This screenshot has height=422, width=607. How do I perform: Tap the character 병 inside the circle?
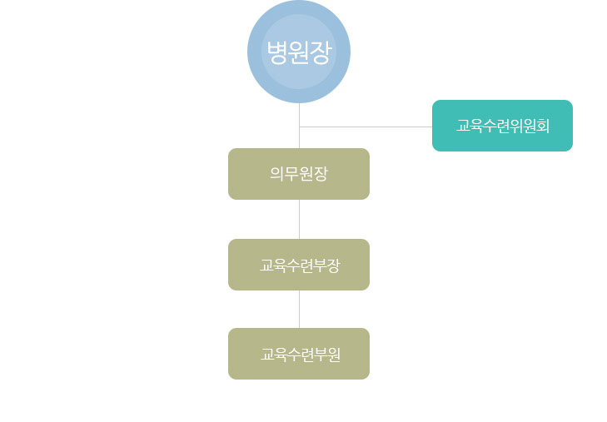coord(277,52)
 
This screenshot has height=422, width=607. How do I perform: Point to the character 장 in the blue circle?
coord(321,52)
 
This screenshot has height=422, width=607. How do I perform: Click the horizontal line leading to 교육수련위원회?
coord(366,127)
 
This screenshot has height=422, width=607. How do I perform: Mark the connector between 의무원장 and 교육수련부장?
coord(299,219)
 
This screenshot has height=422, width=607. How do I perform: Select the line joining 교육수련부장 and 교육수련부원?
coord(299,309)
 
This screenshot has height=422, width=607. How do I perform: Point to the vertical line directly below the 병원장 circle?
coord(299,115)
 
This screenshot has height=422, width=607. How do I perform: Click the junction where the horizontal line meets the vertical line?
coord(299,127)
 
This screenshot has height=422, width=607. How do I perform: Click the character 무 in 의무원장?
coord(291,174)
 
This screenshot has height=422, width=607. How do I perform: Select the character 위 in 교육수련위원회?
coord(514,126)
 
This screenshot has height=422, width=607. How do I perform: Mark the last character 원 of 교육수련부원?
coord(333,355)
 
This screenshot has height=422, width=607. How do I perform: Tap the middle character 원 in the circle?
coord(299,52)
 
